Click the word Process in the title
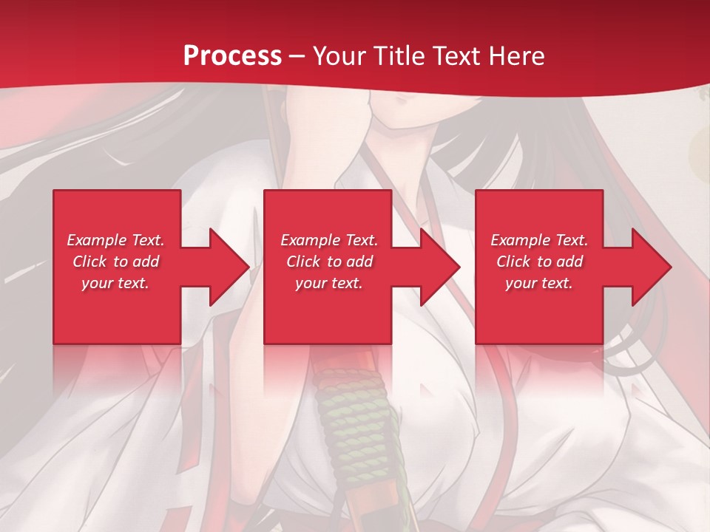232,55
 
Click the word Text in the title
458,55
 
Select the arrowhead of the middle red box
439,267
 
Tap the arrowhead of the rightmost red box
650,267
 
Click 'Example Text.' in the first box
115,240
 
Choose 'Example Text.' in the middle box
329,240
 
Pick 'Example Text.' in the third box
539,240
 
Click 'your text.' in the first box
115,283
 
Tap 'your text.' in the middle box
329,283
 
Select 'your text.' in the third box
539,283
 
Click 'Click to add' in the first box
115,262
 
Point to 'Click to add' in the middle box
329,262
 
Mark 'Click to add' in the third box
539,262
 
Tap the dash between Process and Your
297,56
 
